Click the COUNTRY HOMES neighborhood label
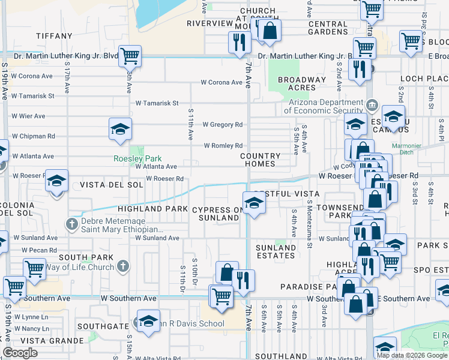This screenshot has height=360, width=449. (x=261, y=159)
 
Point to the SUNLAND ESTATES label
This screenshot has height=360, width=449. (x=276, y=251)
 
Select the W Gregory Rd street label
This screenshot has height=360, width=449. (x=222, y=125)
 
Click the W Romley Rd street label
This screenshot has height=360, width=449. (x=223, y=146)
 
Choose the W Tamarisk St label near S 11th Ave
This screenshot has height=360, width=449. (x=157, y=103)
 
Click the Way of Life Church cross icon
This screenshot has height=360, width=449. (x=122, y=265)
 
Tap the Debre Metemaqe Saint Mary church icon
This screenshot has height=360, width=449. (x=71, y=224)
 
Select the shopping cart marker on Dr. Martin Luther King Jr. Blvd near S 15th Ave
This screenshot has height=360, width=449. (x=130, y=56)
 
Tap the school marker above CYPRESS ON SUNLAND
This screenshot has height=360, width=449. (x=254, y=203)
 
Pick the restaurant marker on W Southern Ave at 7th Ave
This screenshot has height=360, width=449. (x=243, y=280)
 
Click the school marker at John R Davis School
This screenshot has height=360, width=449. (x=148, y=320)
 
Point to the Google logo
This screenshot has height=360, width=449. (x=20, y=353)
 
